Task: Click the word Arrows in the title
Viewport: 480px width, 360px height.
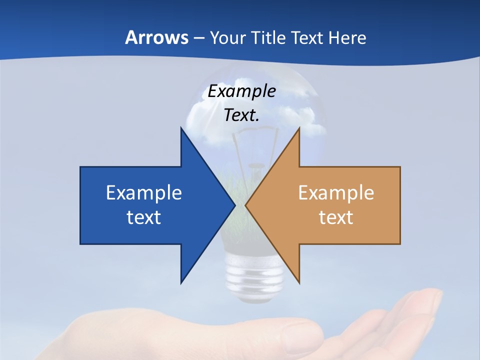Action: pyautogui.click(x=156, y=37)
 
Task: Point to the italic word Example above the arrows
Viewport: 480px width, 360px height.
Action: pyautogui.click(x=241, y=91)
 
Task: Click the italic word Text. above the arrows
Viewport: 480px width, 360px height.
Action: pyautogui.click(x=241, y=115)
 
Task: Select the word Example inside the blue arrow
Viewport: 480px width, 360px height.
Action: pyautogui.click(x=144, y=193)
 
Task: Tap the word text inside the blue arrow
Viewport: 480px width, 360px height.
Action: pyautogui.click(x=144, y=217)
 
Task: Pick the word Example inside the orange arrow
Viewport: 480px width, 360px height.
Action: pyautogui.click(x=336, y=193)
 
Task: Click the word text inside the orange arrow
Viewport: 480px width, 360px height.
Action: pyautogui.click(x=336, y=217)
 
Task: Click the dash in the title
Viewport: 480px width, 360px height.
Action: pyautogui.click(x=198, y=38)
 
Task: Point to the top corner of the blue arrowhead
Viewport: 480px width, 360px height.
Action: pyautogui.click(x=181, y=128)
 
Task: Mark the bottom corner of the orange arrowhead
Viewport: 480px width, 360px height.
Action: pyautogui.click(x=299, y=282)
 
